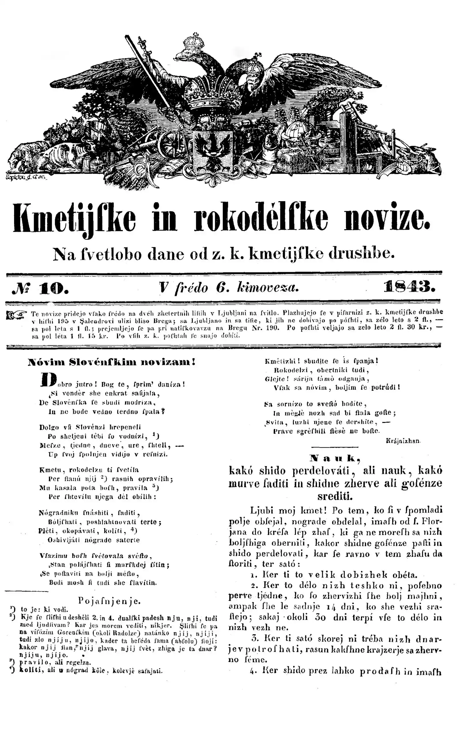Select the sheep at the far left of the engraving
coord(23,156)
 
